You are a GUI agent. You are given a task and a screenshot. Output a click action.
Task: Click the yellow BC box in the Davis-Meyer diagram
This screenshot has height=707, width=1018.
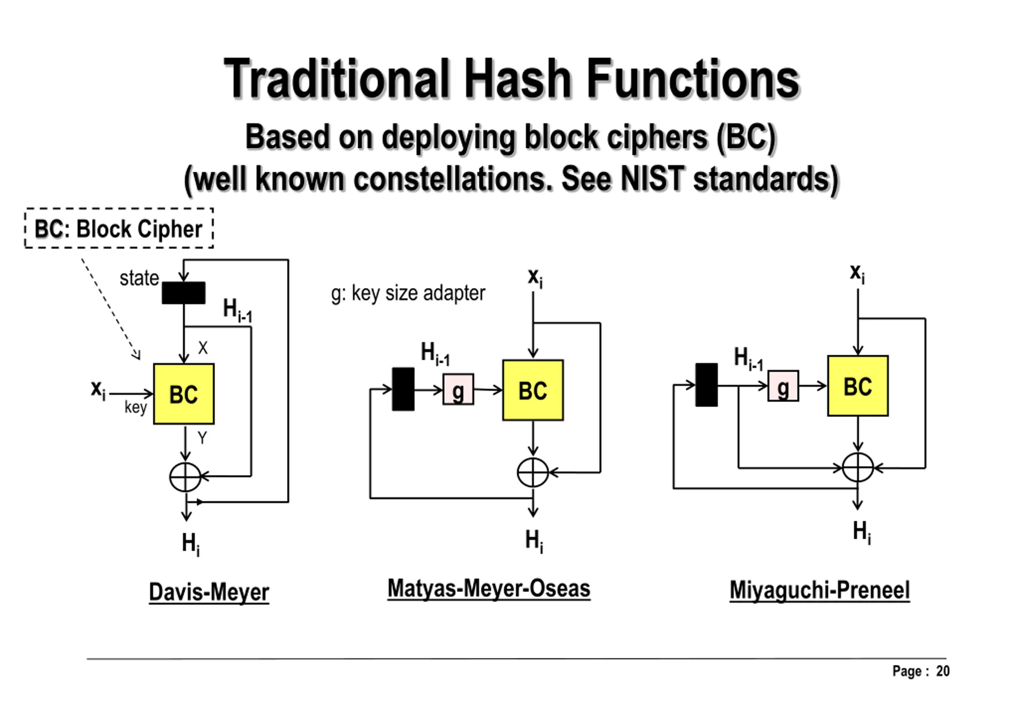pyautogui.click(x=184, y=394)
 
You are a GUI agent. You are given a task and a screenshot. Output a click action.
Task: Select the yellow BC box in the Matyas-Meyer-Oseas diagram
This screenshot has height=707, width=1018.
pyautogui.click(x=533, y=390)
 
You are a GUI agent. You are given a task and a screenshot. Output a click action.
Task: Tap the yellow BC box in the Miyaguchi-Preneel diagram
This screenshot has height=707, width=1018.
pyautogui.click(x=858, y=385)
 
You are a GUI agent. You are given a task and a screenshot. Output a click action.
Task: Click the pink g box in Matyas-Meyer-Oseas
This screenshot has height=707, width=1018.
pyautogui.click(x=458, y=389)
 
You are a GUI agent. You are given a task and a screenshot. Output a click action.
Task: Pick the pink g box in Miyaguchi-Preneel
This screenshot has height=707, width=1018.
pyautogui.click(x=783, y=386)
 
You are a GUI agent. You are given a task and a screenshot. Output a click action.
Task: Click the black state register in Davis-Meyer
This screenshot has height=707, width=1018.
pyautogui.click(x=183, y=293)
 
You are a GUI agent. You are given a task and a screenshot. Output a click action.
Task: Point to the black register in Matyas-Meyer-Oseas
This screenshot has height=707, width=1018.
pyautogui.click(x=403, y=389)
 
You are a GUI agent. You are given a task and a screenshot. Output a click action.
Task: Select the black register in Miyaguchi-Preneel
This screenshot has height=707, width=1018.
pyautogui.click(x=707, y=385)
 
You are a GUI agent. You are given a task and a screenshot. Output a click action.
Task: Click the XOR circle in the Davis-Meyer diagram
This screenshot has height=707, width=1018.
pyautogui.click(x=185, y=477)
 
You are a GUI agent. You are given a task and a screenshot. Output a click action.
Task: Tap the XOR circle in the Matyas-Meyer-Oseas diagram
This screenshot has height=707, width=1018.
pyautogui.click(x=533, y=472)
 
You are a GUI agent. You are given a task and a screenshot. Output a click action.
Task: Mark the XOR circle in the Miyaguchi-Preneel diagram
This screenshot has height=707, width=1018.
pyautogui.click(x=858, y=468)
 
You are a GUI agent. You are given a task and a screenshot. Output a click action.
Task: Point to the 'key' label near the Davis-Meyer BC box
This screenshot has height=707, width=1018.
pyautogui.click(x=135, y=407)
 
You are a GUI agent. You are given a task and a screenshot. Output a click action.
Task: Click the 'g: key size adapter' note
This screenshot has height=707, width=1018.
pyautogui.click(x=408, y=293)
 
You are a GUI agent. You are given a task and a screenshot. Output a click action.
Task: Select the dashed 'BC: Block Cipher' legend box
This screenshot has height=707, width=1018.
pyautogui.click(x=119, y=228)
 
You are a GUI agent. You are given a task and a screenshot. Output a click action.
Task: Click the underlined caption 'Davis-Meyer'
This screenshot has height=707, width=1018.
pyautogui.click(x=209, y=592)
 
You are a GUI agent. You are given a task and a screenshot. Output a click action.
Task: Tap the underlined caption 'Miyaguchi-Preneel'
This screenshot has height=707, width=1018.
pyautogui.click(x=820, y=590)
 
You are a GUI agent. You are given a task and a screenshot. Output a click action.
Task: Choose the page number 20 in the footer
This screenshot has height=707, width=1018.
pyautogui.click(x=943, y=671)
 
